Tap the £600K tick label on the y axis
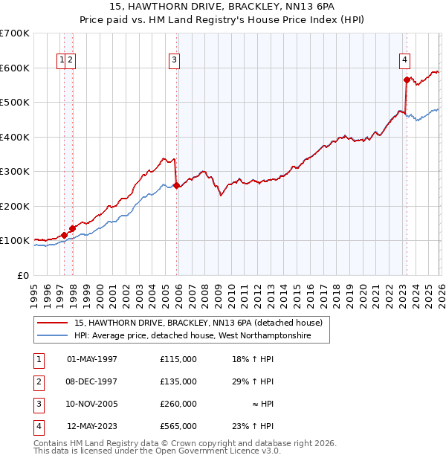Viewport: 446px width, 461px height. tap(15, 68)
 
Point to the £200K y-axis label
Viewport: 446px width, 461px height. tap(15, 206)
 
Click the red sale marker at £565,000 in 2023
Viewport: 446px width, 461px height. tap(407, 80)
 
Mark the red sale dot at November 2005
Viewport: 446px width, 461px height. tap(176, 185)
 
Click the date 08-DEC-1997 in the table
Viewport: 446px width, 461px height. tap(92, 381)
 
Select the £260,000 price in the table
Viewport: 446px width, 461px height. tap(178, 404)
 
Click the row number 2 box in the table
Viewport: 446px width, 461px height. tap(38, 381)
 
